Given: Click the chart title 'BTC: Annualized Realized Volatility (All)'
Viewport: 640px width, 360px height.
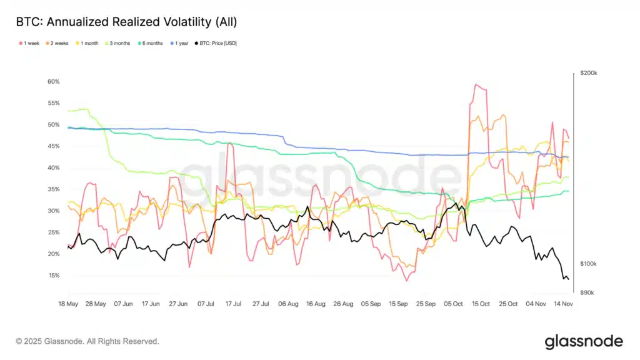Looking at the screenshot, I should pos(126,22).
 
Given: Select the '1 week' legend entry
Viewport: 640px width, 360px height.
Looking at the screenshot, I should pos(31,43).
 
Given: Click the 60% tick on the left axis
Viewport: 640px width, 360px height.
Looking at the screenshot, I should pos(53,82).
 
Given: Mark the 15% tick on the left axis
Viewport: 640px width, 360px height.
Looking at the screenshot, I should pos(53,276).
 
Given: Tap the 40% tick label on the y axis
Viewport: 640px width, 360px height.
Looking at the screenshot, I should pos(53,168).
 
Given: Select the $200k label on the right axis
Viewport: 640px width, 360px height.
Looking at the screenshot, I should pos(589,73).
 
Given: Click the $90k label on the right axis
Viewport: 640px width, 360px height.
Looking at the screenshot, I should pos(587,292).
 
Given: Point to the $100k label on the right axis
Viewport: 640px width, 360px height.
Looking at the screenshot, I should pos(589,264).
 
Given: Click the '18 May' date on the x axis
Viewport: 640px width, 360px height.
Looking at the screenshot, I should pos(67,304).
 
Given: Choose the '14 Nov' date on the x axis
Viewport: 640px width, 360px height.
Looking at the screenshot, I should pos(564,304).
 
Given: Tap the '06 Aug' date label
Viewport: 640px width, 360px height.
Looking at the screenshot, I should pos(288,304).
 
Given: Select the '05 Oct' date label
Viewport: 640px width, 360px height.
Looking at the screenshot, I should pos(453,304).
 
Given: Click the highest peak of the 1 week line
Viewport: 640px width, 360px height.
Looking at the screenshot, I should pos(476,84).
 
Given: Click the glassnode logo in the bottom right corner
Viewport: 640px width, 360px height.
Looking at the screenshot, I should pos(584,341).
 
